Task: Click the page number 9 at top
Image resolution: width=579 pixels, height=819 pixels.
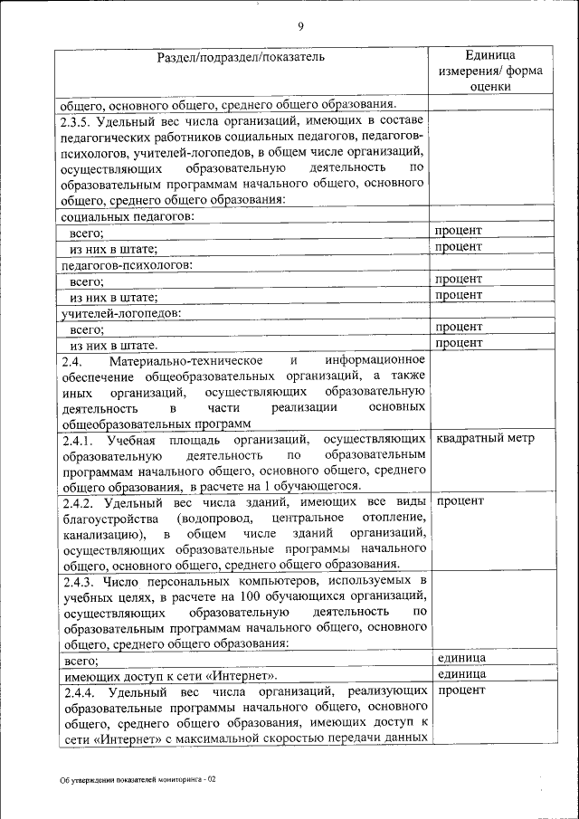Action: pos(299,25)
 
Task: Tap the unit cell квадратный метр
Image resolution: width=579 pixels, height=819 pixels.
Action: pos(485,439)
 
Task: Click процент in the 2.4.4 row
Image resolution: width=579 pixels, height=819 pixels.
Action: pos(460,690)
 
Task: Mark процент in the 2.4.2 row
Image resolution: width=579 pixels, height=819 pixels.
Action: pos(460,500)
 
